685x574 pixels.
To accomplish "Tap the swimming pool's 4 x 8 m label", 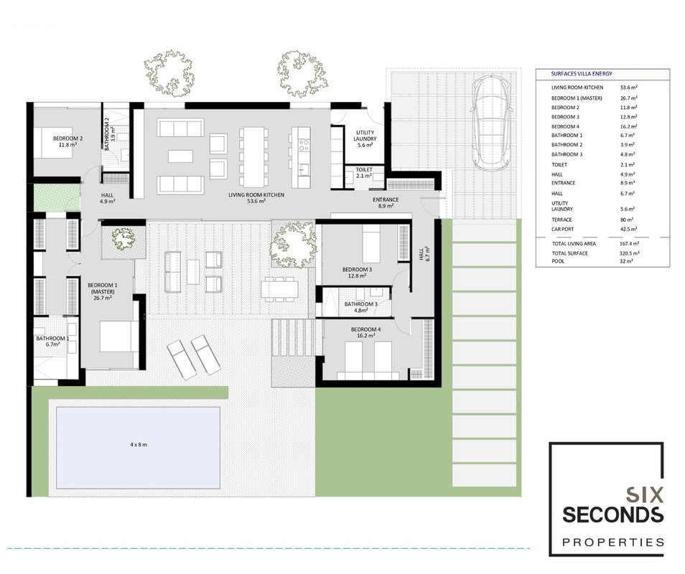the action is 139,445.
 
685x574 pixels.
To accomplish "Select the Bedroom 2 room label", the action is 67,141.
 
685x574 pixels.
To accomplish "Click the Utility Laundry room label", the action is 365,138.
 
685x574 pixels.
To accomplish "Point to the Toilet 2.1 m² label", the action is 364,173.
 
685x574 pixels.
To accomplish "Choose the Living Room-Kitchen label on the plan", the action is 256,198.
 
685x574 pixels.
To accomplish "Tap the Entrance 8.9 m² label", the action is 386,203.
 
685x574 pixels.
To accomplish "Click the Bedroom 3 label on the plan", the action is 357,273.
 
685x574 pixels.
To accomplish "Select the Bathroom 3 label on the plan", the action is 361,307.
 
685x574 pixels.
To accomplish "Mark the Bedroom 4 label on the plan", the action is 365,333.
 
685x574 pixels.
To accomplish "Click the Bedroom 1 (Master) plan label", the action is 103,291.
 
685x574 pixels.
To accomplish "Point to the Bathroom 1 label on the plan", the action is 52,342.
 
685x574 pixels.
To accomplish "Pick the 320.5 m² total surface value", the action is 630,253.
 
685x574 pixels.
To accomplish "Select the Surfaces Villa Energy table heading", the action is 582,74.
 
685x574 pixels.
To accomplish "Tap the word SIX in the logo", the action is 645,494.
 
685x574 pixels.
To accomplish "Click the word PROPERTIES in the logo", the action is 613,542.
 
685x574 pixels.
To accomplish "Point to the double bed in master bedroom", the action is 116,337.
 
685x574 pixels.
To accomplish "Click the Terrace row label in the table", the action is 561,220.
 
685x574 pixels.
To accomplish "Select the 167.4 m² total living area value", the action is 630,243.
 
